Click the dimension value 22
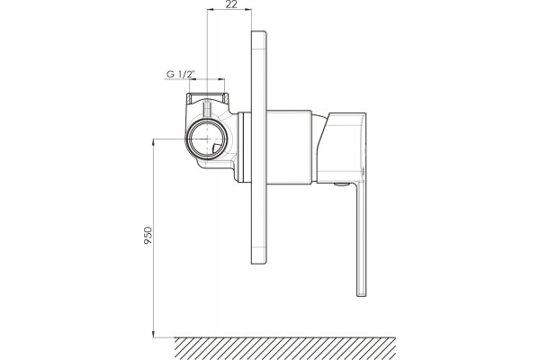point(232,4)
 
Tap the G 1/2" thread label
point(181,74)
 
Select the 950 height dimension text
point(148,236)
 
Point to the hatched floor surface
point(285,348)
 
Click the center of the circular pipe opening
point(206,139)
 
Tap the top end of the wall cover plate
point(259,32)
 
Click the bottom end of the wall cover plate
point(259,263)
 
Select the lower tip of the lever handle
point(361,294)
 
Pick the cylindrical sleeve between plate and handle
point(289,146)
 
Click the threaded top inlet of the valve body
point(207,97)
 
